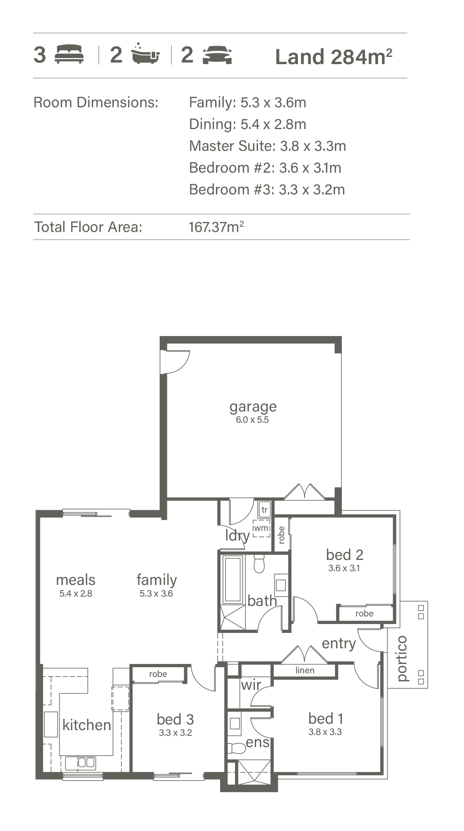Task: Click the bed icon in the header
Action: coord(69,55)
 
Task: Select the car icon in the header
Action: coord(217,55)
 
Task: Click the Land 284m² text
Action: coord(333,57)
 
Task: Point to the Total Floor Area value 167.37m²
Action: coord(216,227)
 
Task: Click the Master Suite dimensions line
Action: coord(267,146)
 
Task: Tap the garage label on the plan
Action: coord(253,407)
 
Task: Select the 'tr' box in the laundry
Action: coord(264,509)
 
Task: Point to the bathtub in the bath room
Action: coord(233,580)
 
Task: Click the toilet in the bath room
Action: coord(259,564)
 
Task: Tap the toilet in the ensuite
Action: coord(237,748)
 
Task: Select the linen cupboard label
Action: coord(305,670)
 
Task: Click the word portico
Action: coord(402,658)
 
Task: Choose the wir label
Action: coord(251,685)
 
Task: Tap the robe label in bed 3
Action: coord(158,674)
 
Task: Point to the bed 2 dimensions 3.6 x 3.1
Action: coord(344,568)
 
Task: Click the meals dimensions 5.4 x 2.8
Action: coord(76,593)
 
